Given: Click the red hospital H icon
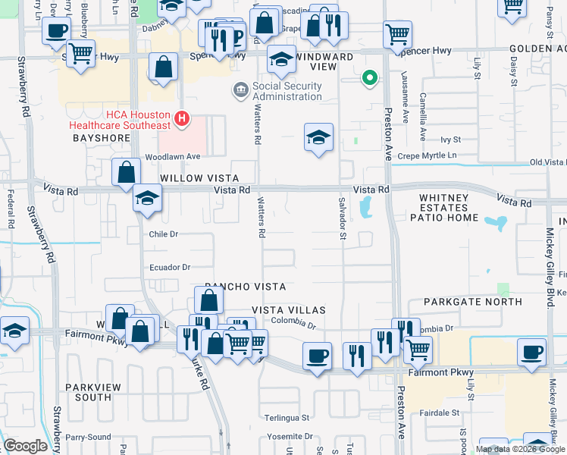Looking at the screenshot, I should click(x=181, y=118).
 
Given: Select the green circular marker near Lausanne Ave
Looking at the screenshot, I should click(x=370, y=77).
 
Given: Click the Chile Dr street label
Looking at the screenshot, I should click(x=163, y=234).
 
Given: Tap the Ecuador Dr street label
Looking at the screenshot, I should click(x=169, y=267).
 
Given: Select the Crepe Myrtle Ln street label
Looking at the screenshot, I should click(x=453, y=155).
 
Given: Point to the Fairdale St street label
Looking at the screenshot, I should click(x=439, y=413).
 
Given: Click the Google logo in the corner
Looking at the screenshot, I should click(x=25, y=446).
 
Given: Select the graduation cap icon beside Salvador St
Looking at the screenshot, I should click(x=318, y=137).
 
